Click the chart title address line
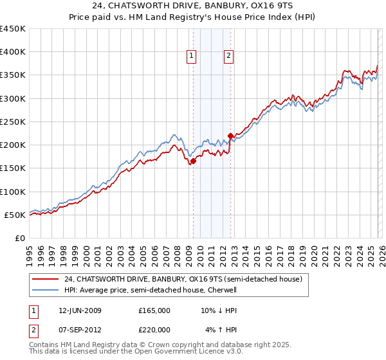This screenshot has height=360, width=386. [x=192, y=7]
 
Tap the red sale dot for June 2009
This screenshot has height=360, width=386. [x=193, y=161]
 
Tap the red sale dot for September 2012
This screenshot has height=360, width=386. [x=230, y=136]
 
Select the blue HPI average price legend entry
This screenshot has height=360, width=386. [x=151, y=290]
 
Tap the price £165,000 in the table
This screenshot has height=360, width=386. [x=154, y=310]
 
